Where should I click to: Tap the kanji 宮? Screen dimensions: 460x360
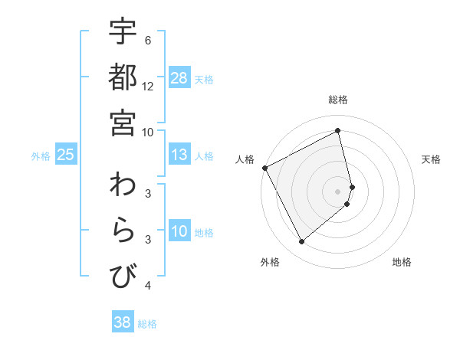point(123,122)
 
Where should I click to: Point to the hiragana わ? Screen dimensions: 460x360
point(123,185)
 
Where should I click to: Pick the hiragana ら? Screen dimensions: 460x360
point(123,231)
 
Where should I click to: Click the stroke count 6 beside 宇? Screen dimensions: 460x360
point(148,40)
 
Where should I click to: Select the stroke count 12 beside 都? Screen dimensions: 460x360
point(148,86)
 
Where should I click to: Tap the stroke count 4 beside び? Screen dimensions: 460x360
point(148,286)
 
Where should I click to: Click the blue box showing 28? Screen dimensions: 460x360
point(179,78)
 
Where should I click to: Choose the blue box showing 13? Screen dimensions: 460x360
point(179,155)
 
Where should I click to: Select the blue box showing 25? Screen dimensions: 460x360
point(66,155)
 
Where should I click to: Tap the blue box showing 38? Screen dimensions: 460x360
point(123,322)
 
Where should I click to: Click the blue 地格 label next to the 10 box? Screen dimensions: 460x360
point(205,233)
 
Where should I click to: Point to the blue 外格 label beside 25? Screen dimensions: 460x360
point(41,156)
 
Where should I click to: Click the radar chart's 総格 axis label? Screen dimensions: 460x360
point(338,100)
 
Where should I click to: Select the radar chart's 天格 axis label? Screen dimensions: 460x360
point(431,159)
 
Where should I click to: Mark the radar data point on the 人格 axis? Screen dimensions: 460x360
point(264,168)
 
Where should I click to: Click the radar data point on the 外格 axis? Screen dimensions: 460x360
point(301,242)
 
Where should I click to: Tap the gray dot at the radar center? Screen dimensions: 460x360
point(338,191)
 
